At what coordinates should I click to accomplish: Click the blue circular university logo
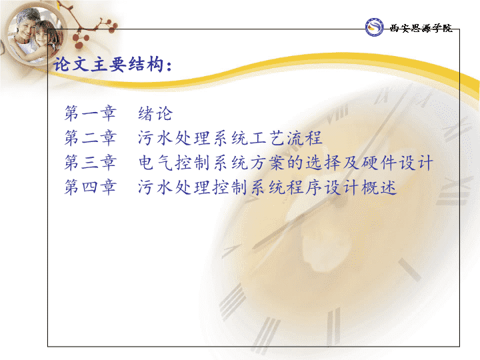(x=374, y=27)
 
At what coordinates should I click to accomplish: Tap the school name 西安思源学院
(x=421, y=28)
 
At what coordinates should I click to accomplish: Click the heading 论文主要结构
(x=109, y=65)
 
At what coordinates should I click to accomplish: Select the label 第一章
(x=90, y=113)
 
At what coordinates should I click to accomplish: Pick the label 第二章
(x=90, y=138)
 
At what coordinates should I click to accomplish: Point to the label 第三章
(x=90, y=162)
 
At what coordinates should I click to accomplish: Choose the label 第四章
(x=90, y=187)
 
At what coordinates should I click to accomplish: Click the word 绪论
(x=155, y=113)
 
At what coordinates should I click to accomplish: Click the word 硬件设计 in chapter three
(x=397, y=162)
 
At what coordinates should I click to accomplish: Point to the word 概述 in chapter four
(x=379, y=187)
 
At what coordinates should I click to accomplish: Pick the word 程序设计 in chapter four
(x=323, y=187)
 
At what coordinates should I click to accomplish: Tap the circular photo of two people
(x=34, y=34)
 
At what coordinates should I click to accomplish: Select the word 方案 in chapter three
(x=268, y=162)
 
